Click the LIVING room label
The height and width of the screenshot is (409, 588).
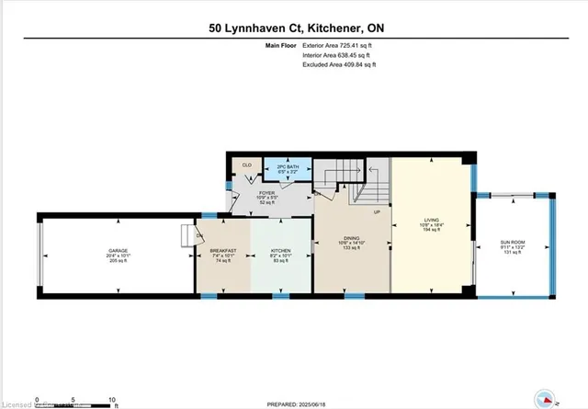click(430, 222)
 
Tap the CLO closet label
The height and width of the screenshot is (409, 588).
click(246, 165)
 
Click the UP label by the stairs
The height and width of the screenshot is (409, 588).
click(377, 213)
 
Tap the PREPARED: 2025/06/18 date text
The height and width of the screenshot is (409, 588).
click(293, 402)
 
